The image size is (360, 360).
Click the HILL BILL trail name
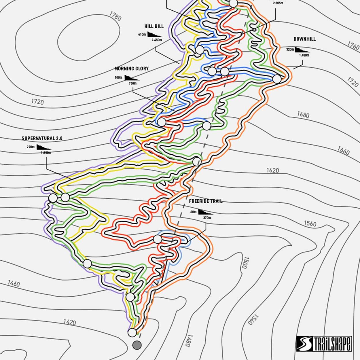(x=154, y=26)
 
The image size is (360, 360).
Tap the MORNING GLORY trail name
(x=131, y=69)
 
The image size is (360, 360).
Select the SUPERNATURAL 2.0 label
(x=42, y=138)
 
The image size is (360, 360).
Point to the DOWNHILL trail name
(x=304, y=39)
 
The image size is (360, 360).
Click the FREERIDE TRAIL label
(x=206, y=201)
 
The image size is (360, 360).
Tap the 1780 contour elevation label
(x=115, y=16)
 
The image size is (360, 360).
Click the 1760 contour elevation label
(x=353, y=46)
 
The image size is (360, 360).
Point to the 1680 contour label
(x=303, y=115)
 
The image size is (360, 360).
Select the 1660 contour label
(x=343, y=150)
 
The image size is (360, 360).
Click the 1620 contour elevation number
(x=272, y=170)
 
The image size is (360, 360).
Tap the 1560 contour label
(x=310, y=224)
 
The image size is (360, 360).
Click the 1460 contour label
(x=14, y=284)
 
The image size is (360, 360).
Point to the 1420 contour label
(x=69, y=322)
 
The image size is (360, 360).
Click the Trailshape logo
(x=324, y=343)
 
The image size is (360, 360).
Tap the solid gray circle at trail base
(x=137, y=345)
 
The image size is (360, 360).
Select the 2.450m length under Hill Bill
(x=156, y=40)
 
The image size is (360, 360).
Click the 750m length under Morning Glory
(x=132, y=84)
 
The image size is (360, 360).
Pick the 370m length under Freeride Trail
(x=207, y=218)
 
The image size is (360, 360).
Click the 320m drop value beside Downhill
(x=290, y=50)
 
